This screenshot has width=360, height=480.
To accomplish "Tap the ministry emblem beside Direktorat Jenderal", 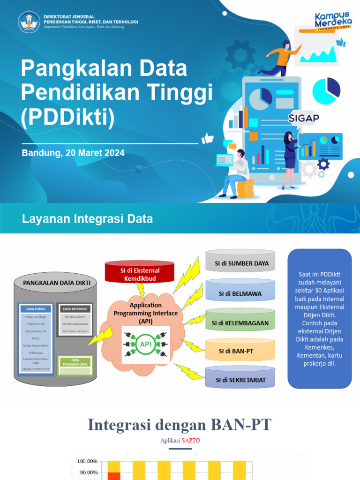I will [29, 22].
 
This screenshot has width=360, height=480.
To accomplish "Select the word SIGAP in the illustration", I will [303, 117].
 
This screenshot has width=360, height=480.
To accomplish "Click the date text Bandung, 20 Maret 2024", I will [73, 153].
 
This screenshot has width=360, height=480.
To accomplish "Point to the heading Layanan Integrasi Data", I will [88, 218].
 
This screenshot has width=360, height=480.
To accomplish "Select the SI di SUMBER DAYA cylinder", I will [241, 263].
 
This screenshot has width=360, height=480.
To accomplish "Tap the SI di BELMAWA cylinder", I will [240, 294].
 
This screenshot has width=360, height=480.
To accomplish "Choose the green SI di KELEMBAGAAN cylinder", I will [240, 323].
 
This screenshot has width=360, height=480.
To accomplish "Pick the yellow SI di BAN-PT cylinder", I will [240, 351].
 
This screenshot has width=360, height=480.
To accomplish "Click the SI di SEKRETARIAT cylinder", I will [240, 380].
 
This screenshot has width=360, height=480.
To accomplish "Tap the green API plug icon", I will [145, 345].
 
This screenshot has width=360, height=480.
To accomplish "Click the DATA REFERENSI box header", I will [75, 309].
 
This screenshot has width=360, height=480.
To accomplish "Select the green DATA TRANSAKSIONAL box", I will [75, 365].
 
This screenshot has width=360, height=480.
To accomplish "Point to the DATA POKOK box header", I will [36, 309].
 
